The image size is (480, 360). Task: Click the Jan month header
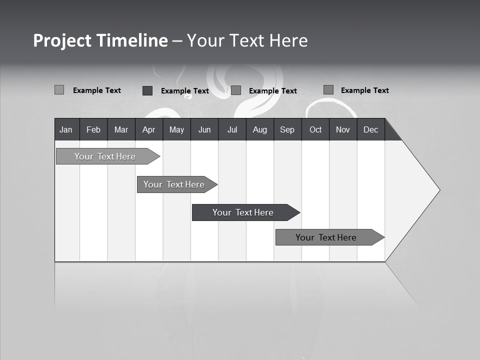(x=66, y=129)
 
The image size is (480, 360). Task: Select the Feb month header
(x=93, y=129)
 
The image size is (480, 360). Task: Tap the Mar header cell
(x=121, y=129)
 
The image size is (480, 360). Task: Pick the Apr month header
(x=149, y=129)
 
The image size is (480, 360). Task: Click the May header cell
(x=176, y=129)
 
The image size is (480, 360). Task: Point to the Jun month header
(x=204, y=129)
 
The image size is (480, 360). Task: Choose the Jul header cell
(x=232, y=129)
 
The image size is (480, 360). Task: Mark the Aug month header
(x=260, y=129)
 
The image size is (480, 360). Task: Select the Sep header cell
(x=287, y=129)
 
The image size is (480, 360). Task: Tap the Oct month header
(x=315, y=129)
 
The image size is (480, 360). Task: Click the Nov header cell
(x=343, y=129)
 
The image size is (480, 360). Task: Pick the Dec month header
(x=371, y=129)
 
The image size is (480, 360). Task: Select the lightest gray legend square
(x=59, y=90)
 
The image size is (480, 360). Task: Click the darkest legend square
(x=147, y=90)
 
